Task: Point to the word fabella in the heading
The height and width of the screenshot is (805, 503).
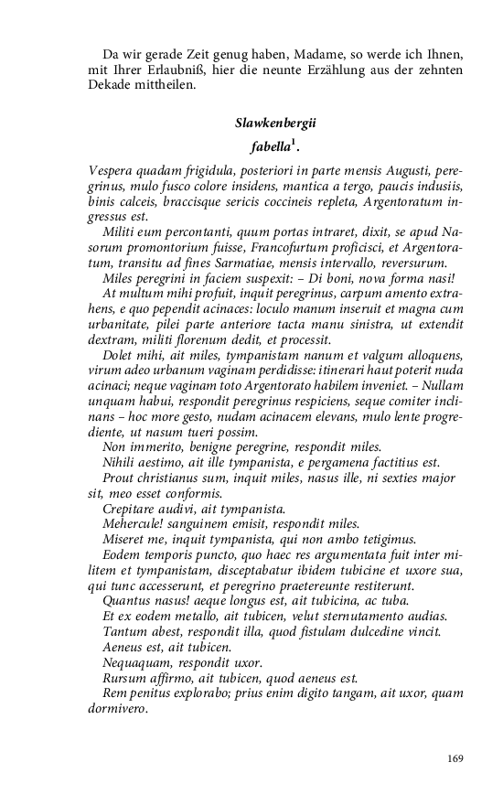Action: point(270,146)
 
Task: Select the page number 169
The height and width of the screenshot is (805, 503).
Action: point(457,758)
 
